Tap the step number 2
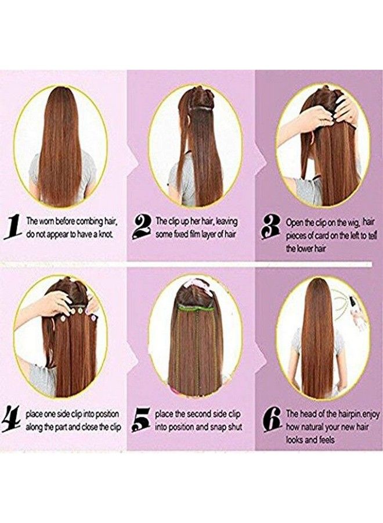pos(141,227)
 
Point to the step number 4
pos(13,420)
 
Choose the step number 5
pos(141,420)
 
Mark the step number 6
pos(272,420)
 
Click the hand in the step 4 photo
pos(55,303)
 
